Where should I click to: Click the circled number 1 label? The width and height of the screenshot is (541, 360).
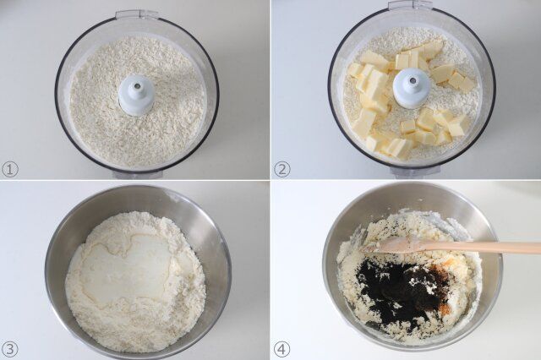(10, 168)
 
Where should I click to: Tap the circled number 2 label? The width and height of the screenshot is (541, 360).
(282, 168)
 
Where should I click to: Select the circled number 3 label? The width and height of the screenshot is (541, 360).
(10, 348)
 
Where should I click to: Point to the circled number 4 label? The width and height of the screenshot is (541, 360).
(282, 348)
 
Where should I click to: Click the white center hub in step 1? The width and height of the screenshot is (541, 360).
(136, 93)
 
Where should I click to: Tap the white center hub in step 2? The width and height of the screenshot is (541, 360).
(412, 87)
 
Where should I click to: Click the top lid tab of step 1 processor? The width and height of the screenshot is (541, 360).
(137, 14)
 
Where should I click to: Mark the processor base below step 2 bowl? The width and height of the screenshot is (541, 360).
(414, 172)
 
